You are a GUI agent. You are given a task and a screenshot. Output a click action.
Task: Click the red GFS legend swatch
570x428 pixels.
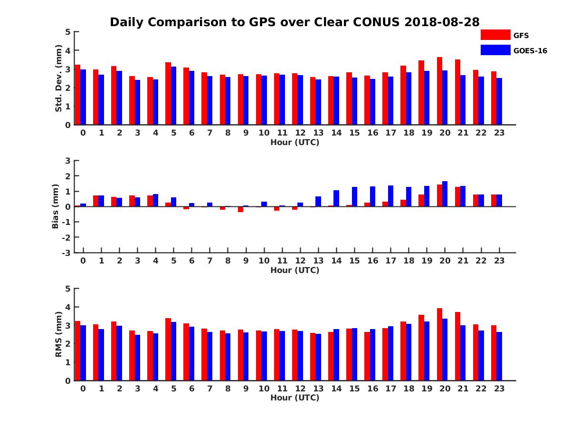(x=495, y=35)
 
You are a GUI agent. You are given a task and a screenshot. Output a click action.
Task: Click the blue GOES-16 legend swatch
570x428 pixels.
(x=495, y=50)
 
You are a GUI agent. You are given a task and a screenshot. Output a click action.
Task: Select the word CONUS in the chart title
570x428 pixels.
(x=376, y=22)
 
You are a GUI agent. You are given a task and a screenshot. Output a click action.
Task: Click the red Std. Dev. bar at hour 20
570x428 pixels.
(x=439, y=91)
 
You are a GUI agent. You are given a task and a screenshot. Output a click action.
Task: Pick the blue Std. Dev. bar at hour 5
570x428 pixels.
(x=174, y=96)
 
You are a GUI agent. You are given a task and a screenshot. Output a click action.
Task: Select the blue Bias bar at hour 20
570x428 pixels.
(x=445, y=194)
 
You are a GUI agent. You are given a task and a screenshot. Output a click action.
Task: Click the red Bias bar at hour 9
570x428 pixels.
(x=240, y=209)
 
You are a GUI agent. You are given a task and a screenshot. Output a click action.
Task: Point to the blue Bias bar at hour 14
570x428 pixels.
(x=336, y=198)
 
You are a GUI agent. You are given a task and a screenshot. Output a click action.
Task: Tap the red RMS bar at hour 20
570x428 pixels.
(x=439, y=344)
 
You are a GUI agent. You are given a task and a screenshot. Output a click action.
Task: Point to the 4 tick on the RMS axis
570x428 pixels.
(x=68, y=307)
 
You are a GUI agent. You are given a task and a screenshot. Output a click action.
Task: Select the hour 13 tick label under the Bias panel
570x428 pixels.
(x=318, y=261)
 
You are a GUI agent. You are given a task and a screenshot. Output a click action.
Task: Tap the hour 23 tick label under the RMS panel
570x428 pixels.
(x=499, y=388)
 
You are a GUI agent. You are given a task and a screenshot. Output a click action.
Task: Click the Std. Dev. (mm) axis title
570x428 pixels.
(x=58, y=78)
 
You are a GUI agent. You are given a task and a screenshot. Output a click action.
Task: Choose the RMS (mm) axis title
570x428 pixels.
(x=58, y=334)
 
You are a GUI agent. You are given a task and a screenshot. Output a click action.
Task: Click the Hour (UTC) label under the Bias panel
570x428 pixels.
(x=294, y=270)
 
